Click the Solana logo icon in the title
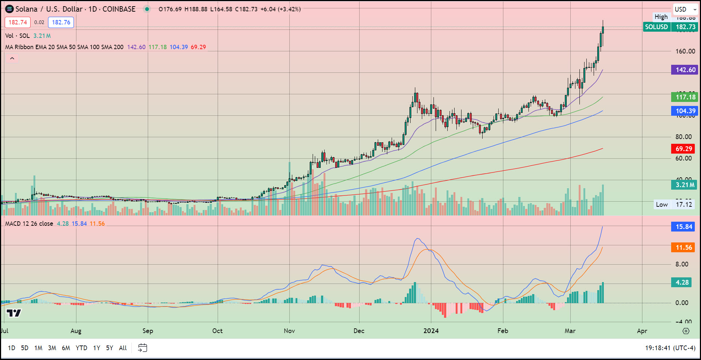click(x=9, y=9)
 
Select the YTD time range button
click(x=81, y=348)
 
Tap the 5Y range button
click(x=109, y=348)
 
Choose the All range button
click(x=123, y=348)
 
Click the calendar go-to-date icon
click(x=142, y=348)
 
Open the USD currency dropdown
click(x=685, y=9)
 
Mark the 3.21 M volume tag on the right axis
click(x=684, y=185)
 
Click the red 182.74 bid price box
click(x=17, y=23)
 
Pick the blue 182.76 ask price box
click(x=61, y=23)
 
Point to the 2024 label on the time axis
click(x=431, y=331)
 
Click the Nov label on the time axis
click(x=289, y=331)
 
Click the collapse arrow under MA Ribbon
click(x=12, y=58)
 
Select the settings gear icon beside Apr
click(x=686, y=331)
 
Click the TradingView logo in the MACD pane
click(x=14, y=313)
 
